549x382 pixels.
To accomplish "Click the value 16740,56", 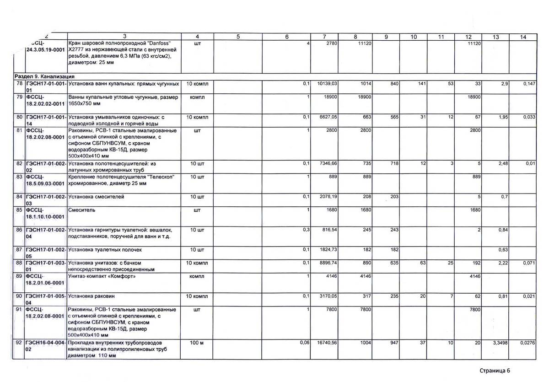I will (x=327, y=343).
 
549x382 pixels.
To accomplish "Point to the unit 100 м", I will (x=197, y=343).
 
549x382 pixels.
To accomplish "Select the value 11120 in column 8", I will (x=363, y=43).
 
